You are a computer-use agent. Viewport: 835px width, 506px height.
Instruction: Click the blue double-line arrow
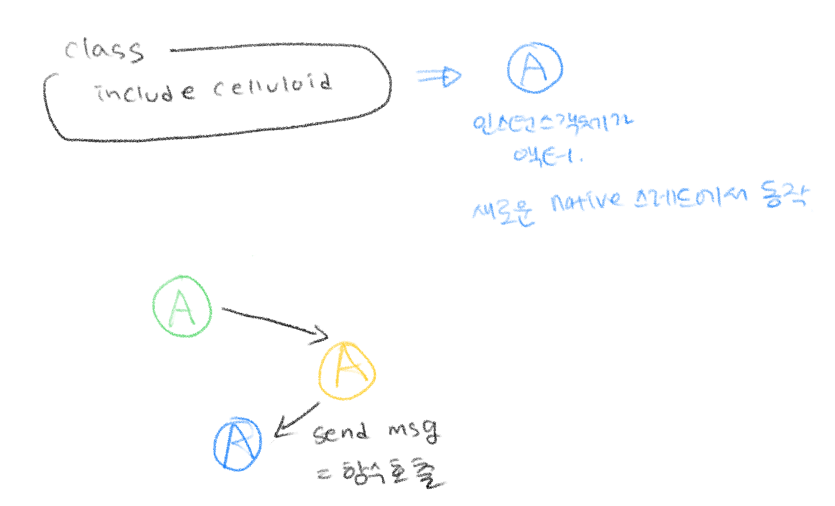(x=437, y=77)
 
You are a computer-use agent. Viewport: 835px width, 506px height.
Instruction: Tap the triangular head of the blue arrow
(x=452, y=77)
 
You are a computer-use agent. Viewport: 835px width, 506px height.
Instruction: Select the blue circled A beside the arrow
(x=535, y=68)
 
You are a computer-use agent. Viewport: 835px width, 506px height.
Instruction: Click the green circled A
(x=182, y=306)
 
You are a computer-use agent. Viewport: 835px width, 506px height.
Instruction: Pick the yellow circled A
(x=347, y=371)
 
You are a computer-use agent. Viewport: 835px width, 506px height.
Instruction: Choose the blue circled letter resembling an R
(x=238, y=444)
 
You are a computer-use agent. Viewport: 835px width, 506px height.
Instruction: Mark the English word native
(x=586, y=201)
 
